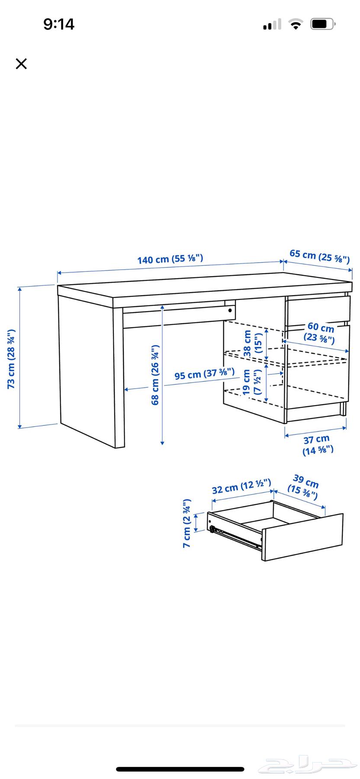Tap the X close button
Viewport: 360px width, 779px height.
pyautogui.click(x=21, y=64)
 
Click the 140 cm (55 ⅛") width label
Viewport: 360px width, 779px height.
pyautogui.click(x=170, y=259)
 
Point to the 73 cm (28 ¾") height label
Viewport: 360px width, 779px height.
pyautogui.click(x=12, y=359)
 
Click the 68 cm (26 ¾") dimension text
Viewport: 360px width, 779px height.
pyautogui.click(x=155, y=375)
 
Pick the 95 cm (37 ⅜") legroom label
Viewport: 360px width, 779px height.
pyautogui.click(x=205, y=373)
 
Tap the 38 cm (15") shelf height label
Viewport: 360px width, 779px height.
pyautogui.click(x=253, y=343)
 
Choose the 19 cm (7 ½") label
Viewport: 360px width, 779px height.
pyautogui.click(x=252, y=382)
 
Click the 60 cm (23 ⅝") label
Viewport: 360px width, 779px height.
pyautogui.click(x=321, y=332)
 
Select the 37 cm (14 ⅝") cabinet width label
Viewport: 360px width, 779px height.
pyautogui.click(x=317, y=445)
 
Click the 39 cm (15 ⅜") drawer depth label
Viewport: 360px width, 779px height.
pyautogui.click(x=304, y=486)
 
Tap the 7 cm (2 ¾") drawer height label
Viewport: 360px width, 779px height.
pyautogui.click(x=186, y=523)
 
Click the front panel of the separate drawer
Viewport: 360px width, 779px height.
pyautogui.click(x=303, y=537)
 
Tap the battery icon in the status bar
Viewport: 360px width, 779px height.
pyautogui.click(x=323, y=24)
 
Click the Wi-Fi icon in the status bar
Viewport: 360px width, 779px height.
pyautogui.click(x=296, y=24)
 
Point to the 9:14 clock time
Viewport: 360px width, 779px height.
pyautogui.click(x=59, y=24)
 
